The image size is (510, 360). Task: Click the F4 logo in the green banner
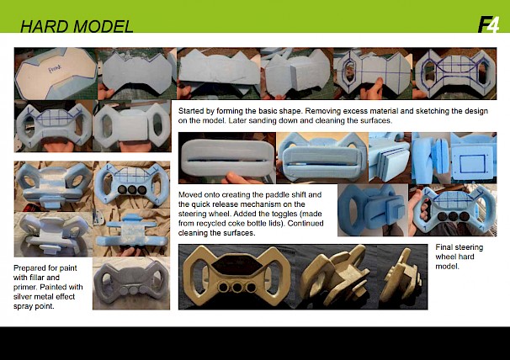point(488,24)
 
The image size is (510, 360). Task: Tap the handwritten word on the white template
point(54,70)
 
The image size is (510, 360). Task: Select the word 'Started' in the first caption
point(189,111)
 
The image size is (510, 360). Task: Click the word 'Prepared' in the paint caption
point(28,268)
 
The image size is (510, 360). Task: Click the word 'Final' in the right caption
point(443,247)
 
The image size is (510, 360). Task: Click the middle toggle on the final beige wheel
point(237,287)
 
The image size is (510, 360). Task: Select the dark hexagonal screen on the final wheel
point(236,264)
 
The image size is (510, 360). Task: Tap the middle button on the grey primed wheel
point(132,289)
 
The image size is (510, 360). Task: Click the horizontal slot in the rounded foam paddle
point(226,160)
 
